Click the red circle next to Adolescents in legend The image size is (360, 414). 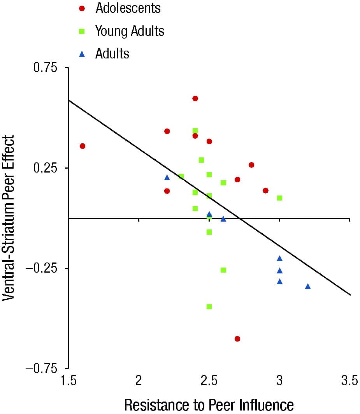coord(82,8)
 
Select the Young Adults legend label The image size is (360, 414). coord(130,31)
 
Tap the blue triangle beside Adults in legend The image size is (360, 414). coord(82,54)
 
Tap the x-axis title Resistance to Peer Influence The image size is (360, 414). coord(209,405)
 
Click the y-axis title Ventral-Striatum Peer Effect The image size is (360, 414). coord(9,218)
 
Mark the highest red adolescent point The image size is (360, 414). coord(195,99)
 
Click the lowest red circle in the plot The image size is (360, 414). coord(237,339)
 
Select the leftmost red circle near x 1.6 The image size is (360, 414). coord(83,146)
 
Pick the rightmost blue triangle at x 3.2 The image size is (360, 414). coord(308,286)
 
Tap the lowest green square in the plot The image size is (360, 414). coord(209,307)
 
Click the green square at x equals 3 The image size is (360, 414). coord(279,198)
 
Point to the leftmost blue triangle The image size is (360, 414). coord(167,177)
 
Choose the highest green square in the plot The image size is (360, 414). coord(195,130)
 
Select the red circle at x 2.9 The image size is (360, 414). coord(265,190)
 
